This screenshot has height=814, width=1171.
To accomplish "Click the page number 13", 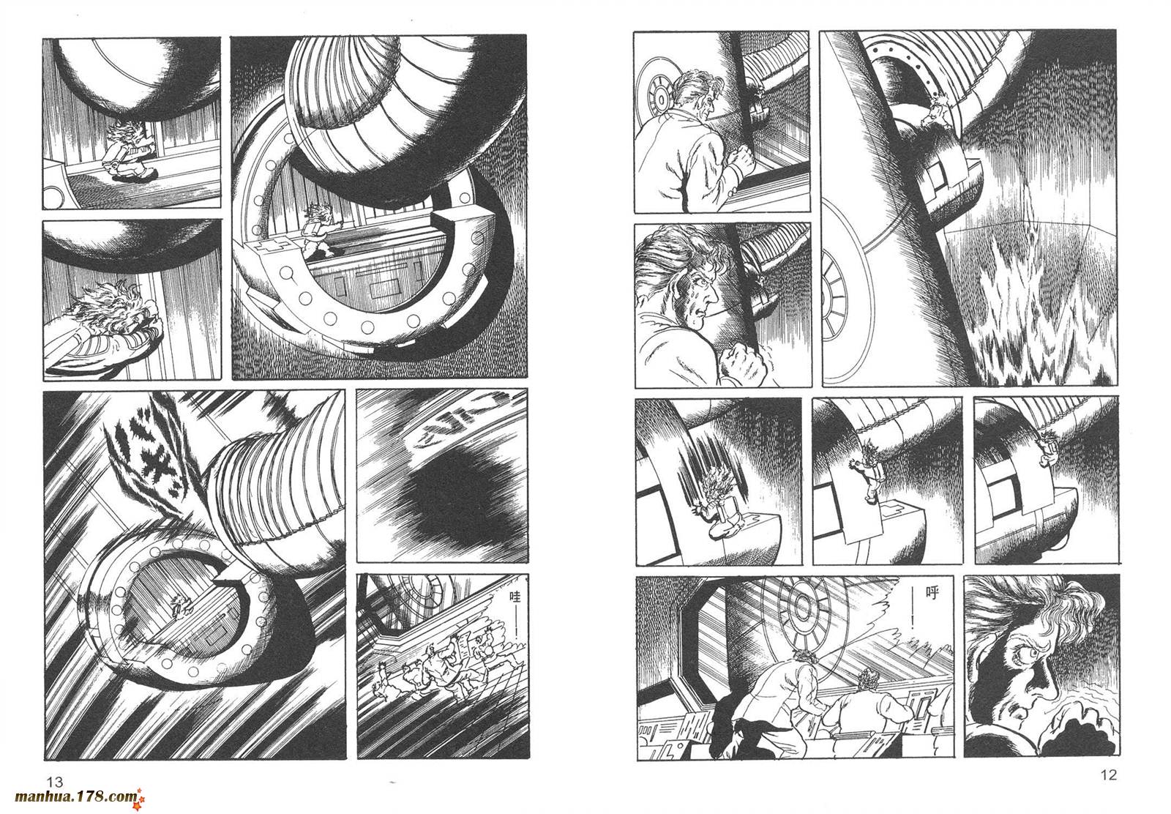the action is (x=55, y=782).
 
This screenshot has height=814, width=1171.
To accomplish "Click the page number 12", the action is (x=1108, y=774).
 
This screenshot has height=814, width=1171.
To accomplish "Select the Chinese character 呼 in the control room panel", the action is (x=932, y=594).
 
